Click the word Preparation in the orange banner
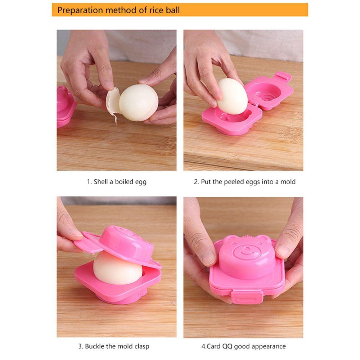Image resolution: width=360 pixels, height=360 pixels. coord(80,10)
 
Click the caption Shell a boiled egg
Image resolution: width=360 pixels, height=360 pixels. coord(117,182)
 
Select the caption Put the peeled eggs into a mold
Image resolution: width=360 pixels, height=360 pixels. coord(244,182)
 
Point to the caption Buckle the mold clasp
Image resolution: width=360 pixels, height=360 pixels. coord(113,346)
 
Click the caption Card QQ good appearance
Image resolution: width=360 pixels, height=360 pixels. coord(243,346)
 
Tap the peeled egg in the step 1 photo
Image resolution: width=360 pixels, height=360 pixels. coord(138,103)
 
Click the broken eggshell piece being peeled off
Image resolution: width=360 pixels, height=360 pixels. coord(113,103)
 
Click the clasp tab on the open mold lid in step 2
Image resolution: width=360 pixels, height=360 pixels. coord(283,77)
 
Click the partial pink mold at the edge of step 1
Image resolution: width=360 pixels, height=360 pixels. coord(65,106)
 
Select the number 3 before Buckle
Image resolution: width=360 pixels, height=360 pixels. coord(80,346)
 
